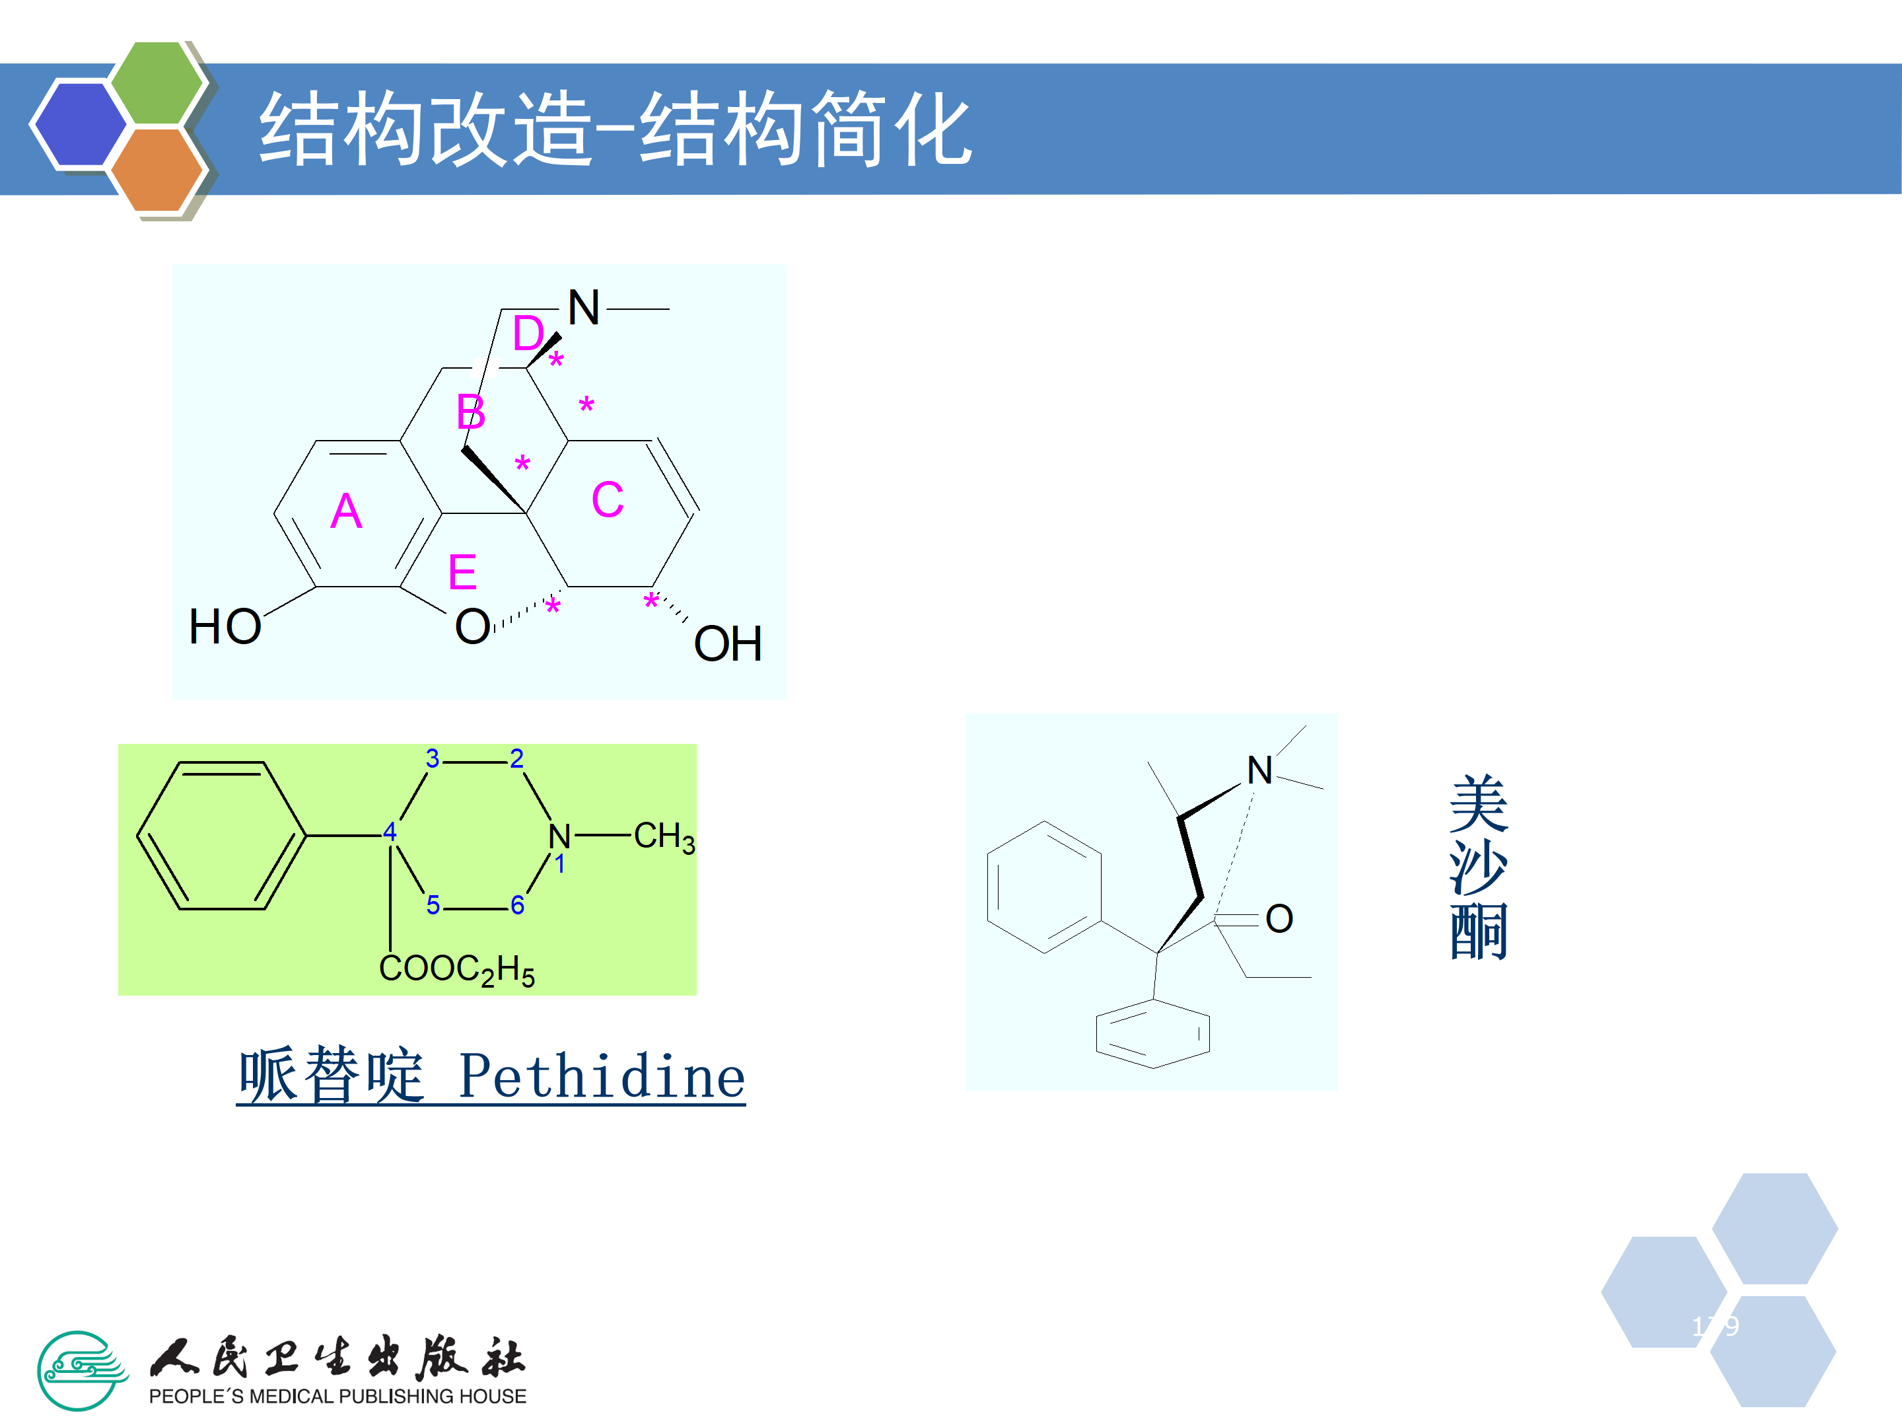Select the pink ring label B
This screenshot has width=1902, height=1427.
470,412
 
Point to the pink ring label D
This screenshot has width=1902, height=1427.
528,334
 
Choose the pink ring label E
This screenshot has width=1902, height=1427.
462,572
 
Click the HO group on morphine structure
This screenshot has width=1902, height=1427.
225,626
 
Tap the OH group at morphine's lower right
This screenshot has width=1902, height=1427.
727,644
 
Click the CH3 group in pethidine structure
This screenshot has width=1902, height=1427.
664,836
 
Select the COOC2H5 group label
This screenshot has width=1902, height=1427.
456,969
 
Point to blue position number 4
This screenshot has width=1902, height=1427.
390,832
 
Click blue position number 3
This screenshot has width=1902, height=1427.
433,758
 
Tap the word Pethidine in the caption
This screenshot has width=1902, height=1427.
602,1077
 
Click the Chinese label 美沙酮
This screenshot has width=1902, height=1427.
1478,866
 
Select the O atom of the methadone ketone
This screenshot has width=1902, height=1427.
1279,919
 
